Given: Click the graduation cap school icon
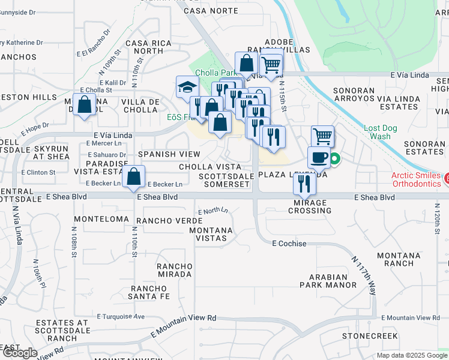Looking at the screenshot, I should [187, 86].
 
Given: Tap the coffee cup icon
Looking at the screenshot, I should [319, 157].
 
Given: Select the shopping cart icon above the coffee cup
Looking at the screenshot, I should [322, 136].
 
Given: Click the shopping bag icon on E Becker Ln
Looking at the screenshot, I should [134, 177].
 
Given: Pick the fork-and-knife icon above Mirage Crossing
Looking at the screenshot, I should [304, 183].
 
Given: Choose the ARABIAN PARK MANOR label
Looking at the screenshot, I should [328, 281].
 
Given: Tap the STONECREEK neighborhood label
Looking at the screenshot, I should [366, 335].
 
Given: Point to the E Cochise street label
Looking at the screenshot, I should [289, 244].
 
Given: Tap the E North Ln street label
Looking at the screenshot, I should [213, 211].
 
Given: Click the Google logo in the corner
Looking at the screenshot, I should [20, 353].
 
